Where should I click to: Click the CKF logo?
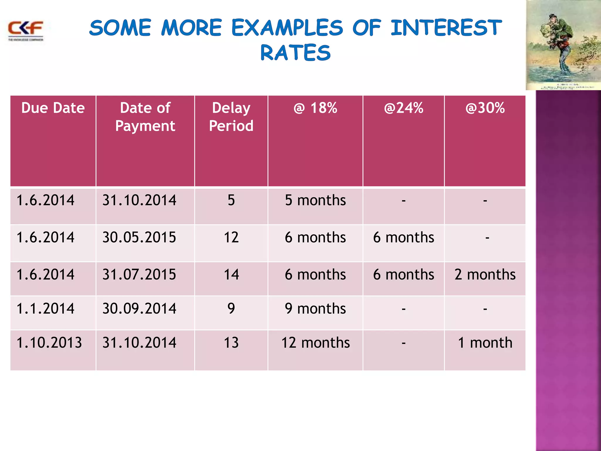pos(26,30)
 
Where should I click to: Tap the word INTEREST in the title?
pos(446,28)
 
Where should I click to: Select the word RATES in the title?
pos(296,53)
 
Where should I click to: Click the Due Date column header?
pos(53,108)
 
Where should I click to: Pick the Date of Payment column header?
pos(145,117)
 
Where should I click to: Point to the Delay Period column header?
pos(231,117)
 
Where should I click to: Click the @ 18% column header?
pos(315,108)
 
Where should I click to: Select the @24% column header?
pos(404,108)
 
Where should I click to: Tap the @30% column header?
pos(485,108)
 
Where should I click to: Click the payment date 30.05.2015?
pos(139,237)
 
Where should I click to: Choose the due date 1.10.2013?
pos(49,343)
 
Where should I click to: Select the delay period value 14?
pos(231,275)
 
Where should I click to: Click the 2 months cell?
pos(485,275)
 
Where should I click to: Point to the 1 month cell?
pos(485,343)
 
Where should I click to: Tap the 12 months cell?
pos(315,343)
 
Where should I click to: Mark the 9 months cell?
pos(315,309)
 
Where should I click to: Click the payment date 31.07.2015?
pos(139,275)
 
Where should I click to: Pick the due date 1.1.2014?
pos(45,309)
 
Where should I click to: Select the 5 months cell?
pos(315,200)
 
